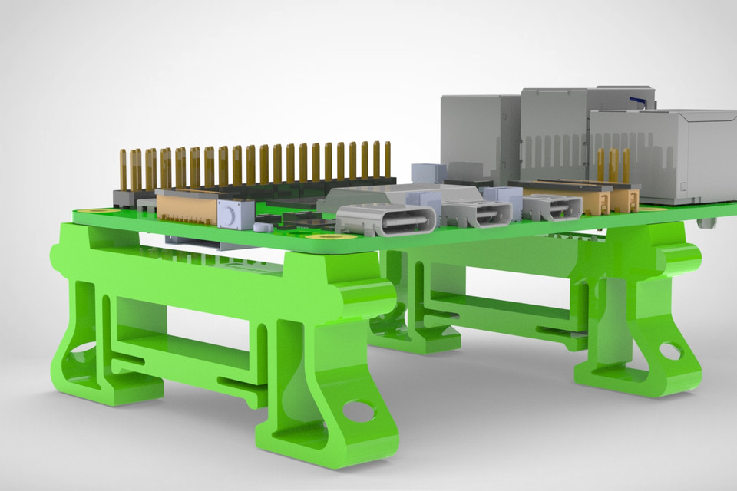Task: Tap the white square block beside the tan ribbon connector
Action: coord(236,213)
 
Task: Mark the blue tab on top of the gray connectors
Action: coord(636,101)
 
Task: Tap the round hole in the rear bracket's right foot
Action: coord(669,351)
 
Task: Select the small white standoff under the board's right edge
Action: coord(707,222)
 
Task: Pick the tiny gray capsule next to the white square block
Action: coord(262,228)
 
